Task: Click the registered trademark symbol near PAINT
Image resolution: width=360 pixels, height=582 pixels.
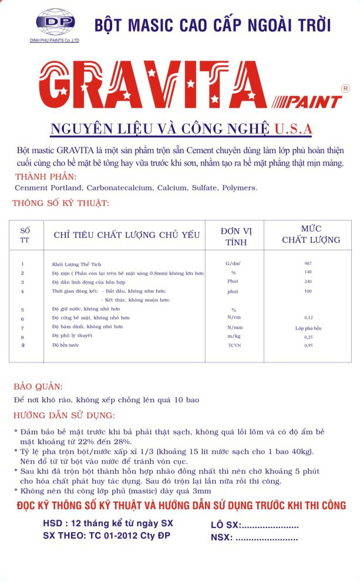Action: [x=345, y=88]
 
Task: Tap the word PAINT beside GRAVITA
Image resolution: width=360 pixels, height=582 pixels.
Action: [x=314, y=102]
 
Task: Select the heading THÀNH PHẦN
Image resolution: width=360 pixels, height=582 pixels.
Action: [x=46, y=177]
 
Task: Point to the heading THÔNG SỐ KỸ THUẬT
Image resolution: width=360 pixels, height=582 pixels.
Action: [x=60, y=204]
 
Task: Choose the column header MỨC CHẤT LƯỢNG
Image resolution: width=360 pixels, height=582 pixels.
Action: [x=311, y=234]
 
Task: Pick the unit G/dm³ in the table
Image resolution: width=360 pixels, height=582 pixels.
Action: [x=234, y=264]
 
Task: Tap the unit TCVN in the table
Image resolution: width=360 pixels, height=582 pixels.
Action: [x=234, y=345]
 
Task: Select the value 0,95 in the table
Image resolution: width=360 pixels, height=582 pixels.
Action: [x=308, y=345]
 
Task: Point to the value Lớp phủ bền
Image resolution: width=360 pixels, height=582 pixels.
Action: [x=308, y=328]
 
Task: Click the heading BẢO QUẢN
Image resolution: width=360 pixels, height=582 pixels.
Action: [x=38, y=387]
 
